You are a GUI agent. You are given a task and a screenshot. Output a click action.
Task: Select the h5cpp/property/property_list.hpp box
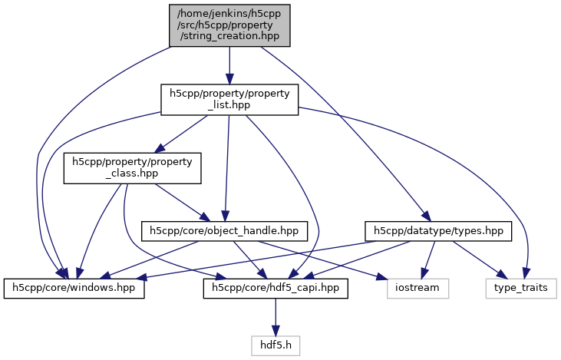[x=229, y=100]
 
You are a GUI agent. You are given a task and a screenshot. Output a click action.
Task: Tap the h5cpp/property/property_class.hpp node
[x=131, y=167]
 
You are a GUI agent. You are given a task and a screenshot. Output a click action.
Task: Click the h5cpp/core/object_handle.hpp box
[x=224, y=230]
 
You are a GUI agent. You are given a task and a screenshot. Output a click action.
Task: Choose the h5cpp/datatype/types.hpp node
[x=438, y=230]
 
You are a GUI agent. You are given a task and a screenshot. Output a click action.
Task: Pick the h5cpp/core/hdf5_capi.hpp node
[x=276, y=288]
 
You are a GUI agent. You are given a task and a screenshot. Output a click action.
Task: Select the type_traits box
[x=521, y=288]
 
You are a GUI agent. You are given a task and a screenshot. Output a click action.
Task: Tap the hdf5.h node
[x=276, y=345]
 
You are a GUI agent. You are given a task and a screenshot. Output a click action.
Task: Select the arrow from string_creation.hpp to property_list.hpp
[x=229, y=65]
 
